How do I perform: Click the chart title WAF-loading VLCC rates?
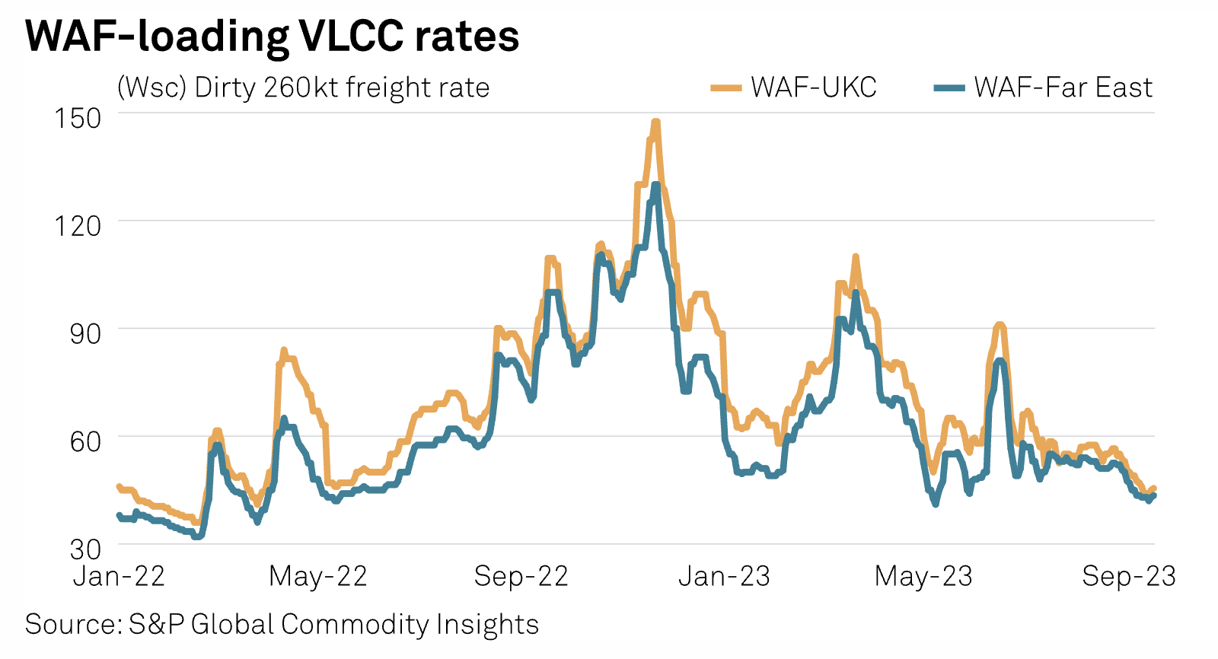pyautogui.click(x=272, y=36)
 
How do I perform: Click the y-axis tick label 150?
pyautogui.click(x=78, y=118)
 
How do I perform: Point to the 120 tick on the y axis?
pyautogui.click(x=78, y=226)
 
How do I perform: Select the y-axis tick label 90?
pyautogui.click(x=84, y=333)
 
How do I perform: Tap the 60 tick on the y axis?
pyautogui.click(x=84, y=441)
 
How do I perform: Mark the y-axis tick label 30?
pyautogui.click(x=84, y=549)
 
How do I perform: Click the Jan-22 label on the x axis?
pyautogui.click(x=119, y=577)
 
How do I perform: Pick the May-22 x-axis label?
pyautogui.click(x=318, y=577)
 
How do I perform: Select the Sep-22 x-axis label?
pyautogui.click(x=521, y=577)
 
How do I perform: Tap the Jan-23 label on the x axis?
pyautogui.click(x=724, y=577)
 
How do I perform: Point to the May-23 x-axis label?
pyautogui.click(x=923, y=577)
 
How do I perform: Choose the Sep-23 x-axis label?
pyautogui.click(x=1129, y=577)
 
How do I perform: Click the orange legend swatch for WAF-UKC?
pyautogui.click(x=725, y=88)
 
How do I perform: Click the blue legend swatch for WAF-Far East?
pyautogui.click(x=949, y=88)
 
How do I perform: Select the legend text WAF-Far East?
pyautogui.click(x=1063, y=88)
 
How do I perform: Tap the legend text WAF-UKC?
pyautogui.click(x=814, y=88)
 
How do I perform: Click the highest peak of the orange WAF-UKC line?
pyautogui.click(x=655, y=122)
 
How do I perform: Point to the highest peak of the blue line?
pyautogui.click(x=655, y=185)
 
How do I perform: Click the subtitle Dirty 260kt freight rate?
pyautogui.click(x=303, y=88)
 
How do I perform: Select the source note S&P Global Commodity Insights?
pyautogui.click(x=282, y=625)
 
